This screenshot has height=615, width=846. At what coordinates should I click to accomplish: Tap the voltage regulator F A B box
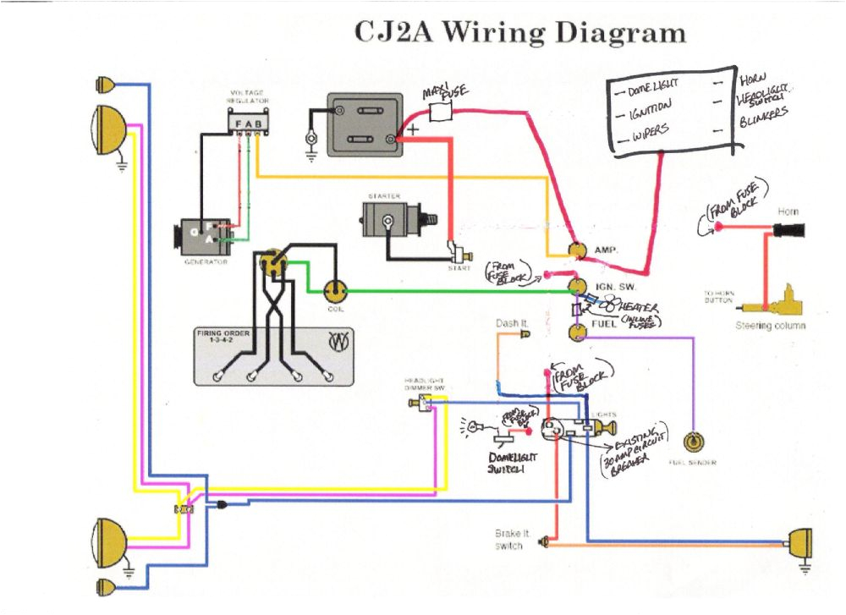point(248,124)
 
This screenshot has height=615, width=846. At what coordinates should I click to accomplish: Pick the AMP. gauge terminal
point(578,250)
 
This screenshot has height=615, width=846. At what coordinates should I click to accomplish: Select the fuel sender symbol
point(694,442)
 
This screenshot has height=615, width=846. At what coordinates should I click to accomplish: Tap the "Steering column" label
point(770,325)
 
